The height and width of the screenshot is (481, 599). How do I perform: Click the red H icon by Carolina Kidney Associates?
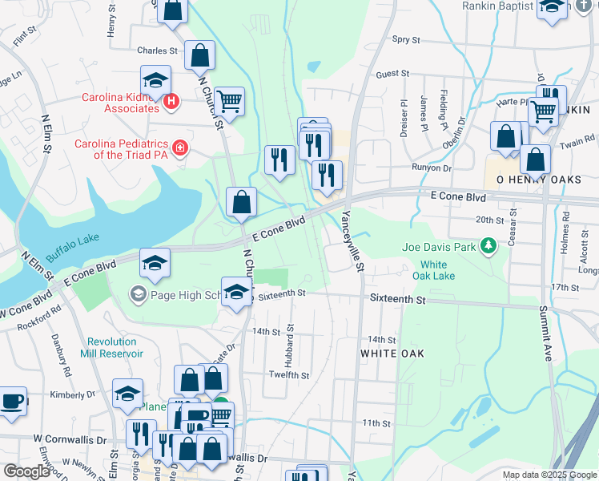tap(170, 102)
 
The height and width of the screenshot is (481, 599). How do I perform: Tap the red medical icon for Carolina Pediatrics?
tap(180, 148)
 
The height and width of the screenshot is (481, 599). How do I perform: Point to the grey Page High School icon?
tap(137, 296)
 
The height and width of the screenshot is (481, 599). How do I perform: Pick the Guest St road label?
tap(392, 74)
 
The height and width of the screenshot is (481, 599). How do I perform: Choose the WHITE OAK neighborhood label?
tap(392, 354)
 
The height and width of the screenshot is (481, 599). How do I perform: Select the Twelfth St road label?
tap(289, 375)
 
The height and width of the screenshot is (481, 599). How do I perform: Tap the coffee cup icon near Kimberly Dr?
tap(11, 402)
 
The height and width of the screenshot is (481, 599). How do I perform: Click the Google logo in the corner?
tap(27, 471)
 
